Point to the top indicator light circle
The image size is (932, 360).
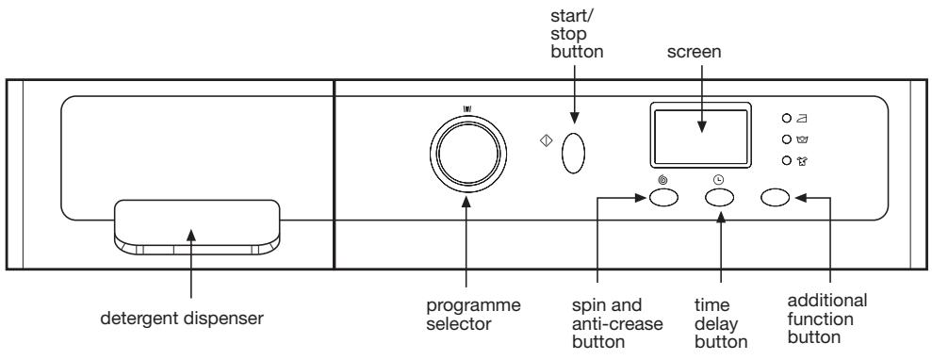(784, 120)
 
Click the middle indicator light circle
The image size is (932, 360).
(784, 140)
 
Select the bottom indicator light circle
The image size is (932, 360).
(784, 161)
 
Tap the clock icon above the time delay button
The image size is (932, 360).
(720, 179)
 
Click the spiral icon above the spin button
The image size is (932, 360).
(662, 179)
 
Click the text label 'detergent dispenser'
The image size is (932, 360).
(195, 318)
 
